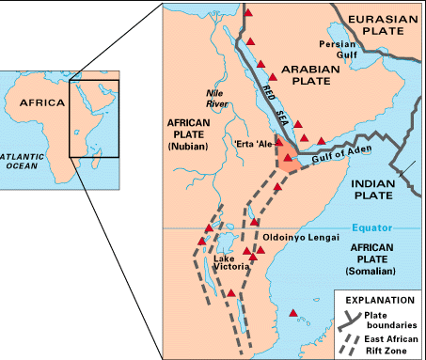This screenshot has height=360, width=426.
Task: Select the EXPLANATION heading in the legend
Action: pyautogui.click(x=377, y=300)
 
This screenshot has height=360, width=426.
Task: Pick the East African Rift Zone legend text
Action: pyautogui.click(x=395, y=342)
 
